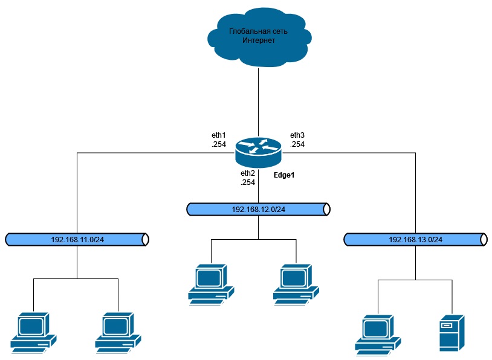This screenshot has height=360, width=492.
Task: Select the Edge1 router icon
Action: (x=259, y=151)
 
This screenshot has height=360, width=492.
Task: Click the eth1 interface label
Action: (x=219, y=135)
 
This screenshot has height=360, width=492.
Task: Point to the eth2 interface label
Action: (x=248, y=173)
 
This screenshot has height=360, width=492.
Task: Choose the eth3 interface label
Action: (x=297, y=135)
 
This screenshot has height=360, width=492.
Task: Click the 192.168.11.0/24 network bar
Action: (x=77, y=239)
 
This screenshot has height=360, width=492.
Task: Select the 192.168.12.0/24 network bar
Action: (x=259, y=209)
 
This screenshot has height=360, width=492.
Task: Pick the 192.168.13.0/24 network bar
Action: (x=415, y=239)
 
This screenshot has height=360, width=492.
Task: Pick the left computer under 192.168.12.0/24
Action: (x=211, y=282)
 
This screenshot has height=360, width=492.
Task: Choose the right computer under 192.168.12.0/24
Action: (x=296, y=282)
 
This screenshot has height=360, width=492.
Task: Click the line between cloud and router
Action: (x=259, y=100)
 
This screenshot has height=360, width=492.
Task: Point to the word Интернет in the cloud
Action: (x=259, y=41)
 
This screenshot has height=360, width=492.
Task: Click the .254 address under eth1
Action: (x=219, y=144)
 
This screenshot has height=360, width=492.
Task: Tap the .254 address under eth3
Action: (x=297, y=144)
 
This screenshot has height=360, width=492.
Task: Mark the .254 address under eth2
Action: (x=248, y=182)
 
